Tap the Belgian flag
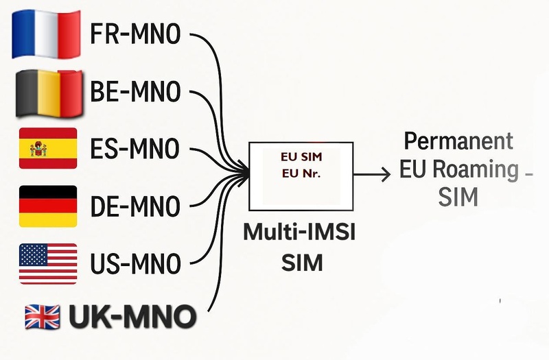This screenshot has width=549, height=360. click(48, 91)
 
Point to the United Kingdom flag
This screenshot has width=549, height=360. click(43, 316)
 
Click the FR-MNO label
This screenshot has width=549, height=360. click(135, 34)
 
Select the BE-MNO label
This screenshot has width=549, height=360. click(135, 91)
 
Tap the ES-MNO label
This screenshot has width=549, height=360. click(135, 148)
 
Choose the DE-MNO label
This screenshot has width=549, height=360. click(135, 205)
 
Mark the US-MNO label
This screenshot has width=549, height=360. click(135, 263)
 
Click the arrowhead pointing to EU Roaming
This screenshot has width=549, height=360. click(386, 176)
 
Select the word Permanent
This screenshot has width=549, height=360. click(458, 142)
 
